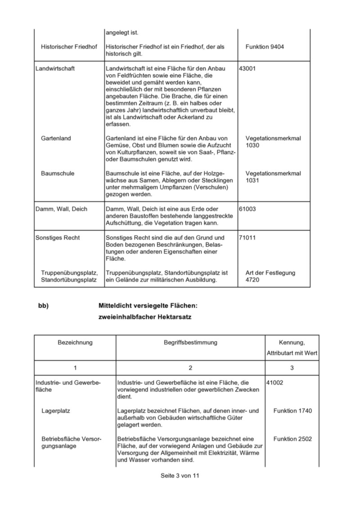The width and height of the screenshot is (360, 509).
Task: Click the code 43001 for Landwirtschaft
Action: (247, 68)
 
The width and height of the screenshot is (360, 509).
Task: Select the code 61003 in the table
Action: (247, 209)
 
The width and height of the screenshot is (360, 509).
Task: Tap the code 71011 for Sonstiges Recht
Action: (247, 237)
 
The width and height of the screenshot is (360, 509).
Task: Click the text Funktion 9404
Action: (265, 47)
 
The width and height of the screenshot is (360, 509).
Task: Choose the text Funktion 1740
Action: (292, 411)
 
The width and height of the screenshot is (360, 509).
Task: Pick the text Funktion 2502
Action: (292, 439)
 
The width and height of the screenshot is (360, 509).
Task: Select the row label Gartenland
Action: (56, 138)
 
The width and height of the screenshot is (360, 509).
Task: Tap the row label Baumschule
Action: (58, 174)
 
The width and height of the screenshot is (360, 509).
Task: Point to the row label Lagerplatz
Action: (55, 411)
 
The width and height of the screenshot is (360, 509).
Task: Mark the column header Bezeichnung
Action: (75, 343)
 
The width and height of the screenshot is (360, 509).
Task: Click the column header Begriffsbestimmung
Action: (190, 343)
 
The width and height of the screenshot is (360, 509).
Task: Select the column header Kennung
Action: (292, 343)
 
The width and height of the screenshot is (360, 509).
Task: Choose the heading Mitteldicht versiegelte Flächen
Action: (148, 306)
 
